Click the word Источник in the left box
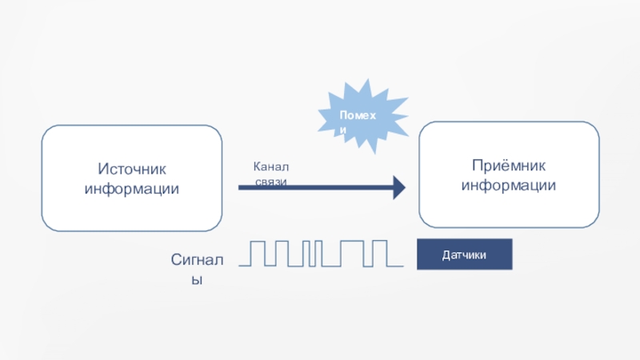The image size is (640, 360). (x=132, y=169)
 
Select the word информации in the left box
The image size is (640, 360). (x=132, y=189)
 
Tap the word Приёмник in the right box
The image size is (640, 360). (x=509, y=166)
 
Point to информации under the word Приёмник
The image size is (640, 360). (x=509, y=186)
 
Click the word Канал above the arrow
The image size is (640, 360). (x=271, y=166)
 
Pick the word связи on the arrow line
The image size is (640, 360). (x=271, y=182)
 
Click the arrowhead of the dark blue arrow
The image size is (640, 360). (x=399, y=188)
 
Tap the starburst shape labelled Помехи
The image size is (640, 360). (x=363, y=116)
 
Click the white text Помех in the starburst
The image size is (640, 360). (x=358, y=115)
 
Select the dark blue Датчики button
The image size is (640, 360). (x=465, y=254)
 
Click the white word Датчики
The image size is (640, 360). (x=464, y=255)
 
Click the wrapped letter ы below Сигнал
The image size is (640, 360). (x=197, y=280)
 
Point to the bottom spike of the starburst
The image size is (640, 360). (x=374, y=151)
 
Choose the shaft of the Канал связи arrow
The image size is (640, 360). (x=316, y=188)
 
